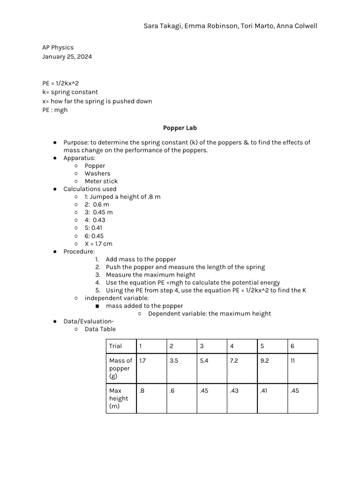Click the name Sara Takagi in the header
tap(162, 26)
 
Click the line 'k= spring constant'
tap(70, 92)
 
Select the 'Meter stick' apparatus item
tap(101, 181)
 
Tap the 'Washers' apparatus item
tap(97, 173)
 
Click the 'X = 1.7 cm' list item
tap(98, 244)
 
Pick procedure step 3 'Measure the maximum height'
tap(150, 275)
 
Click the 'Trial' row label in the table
tap(115, 346)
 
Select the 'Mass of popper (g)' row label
tap(120, 368)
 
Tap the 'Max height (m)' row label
tap(118, 398)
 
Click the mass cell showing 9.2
tap(265, 361)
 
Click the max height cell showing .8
tap(141, 391)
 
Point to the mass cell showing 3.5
tap(173, 361)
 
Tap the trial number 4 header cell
tap(232, 346)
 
